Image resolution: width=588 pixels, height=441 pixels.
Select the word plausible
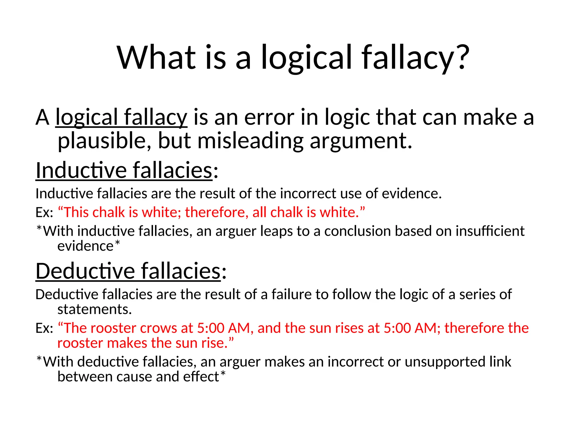coord(102,141)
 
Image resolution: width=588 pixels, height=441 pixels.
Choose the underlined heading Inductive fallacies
coord(124,170)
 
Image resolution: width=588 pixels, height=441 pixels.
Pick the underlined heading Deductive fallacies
coord(128,271)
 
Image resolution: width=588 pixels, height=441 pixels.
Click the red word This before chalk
coord(76,212)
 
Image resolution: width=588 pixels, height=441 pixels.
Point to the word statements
coord(94,309)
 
